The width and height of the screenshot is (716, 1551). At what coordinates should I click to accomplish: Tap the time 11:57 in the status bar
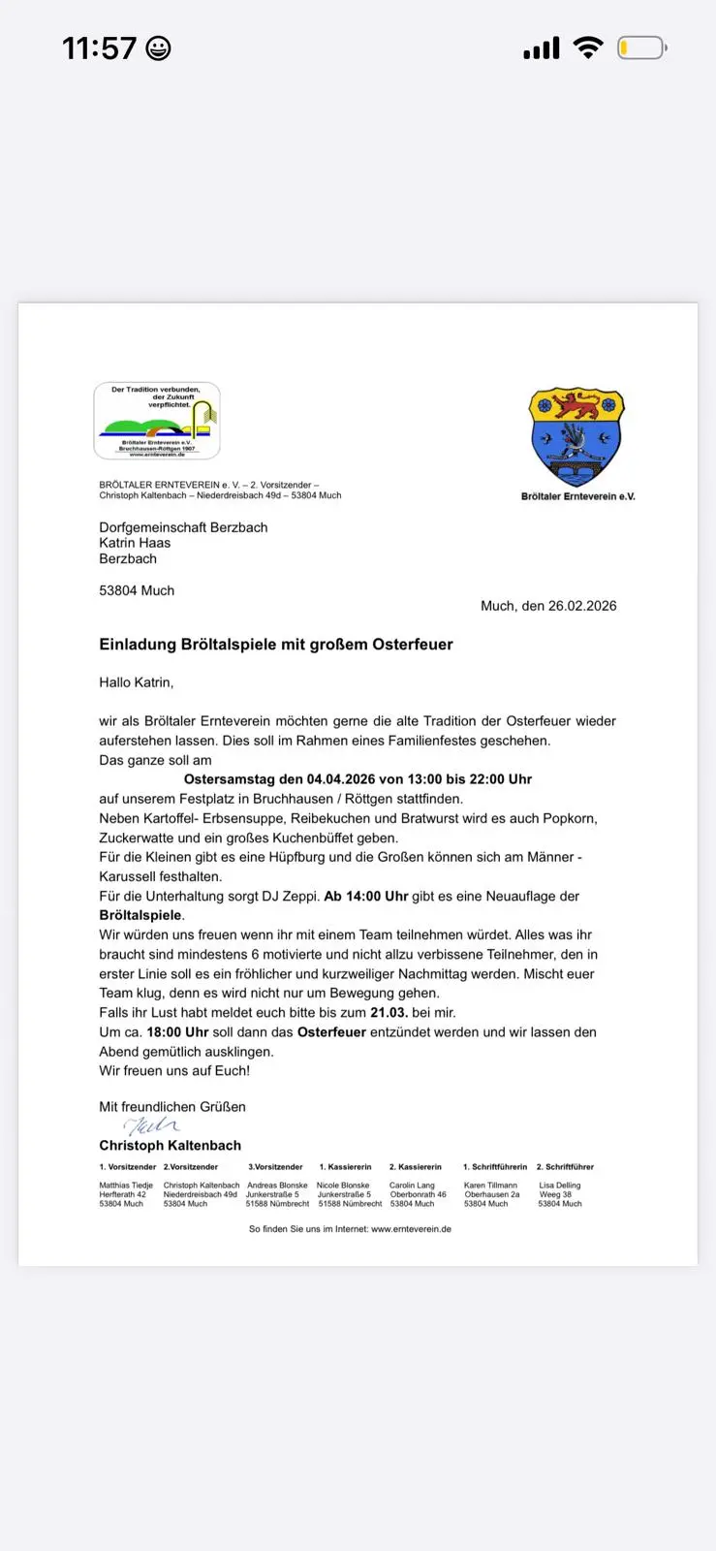99,48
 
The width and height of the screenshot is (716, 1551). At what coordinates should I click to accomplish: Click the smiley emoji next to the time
158,48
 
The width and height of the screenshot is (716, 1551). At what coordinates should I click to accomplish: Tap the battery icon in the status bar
641,47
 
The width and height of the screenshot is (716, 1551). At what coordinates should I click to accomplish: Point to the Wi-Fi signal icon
587,47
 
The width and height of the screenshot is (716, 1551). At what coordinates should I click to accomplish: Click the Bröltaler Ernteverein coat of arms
577,437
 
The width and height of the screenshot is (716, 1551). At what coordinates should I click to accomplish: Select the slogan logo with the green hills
157,421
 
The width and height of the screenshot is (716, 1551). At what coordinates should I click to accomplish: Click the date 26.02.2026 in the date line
582,606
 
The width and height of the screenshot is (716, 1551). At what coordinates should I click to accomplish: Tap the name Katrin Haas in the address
135,543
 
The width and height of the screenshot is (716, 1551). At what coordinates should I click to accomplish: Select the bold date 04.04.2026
341,779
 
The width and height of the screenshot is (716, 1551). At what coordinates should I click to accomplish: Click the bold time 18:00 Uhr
177,1032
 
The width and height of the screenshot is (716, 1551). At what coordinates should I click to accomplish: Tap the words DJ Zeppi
290,897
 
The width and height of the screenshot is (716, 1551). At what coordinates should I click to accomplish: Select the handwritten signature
150,1125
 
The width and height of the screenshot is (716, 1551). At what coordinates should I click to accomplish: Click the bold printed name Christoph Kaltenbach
170,1146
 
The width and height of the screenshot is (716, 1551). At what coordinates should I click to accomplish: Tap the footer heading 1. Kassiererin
345,1167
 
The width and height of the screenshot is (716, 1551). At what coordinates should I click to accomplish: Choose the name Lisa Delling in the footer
560,1186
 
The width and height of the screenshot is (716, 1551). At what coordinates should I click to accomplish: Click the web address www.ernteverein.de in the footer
411,1229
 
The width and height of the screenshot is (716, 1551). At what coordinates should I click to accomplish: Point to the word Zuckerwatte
138,839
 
